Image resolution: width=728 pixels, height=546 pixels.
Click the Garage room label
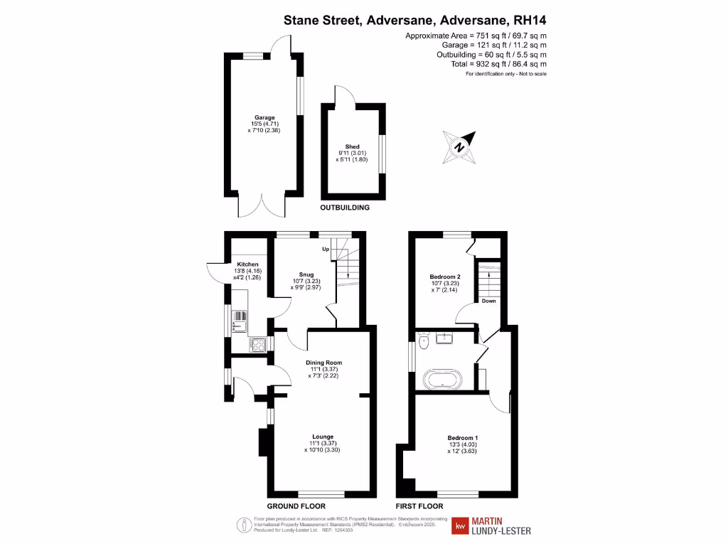click(x=265, y=118)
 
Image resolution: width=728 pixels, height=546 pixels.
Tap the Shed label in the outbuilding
click(x=353, y=146)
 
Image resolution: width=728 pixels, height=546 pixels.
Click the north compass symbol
click(x=460, y=147)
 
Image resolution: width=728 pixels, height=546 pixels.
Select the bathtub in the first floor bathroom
click(x=443, y=379)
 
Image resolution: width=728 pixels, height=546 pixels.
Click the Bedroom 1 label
click(x=462, y=437)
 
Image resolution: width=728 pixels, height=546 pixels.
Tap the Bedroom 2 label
click(x=446, y=277)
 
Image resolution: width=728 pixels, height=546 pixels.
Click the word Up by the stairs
click(x=326, y=250)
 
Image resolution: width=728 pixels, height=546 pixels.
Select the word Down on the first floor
click(x=488, y=301)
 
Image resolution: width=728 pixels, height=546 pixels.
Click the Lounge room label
click(x=323, y=437)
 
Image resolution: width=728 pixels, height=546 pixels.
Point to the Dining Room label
click(x=324, y=363)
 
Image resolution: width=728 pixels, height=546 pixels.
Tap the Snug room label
click(x=306, y=274)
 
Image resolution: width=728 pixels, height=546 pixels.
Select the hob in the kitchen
click(x=257, y=345)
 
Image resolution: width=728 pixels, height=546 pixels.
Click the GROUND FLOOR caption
click(x=296, y=506)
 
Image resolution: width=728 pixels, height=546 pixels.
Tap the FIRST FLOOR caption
click(x=419, y=506)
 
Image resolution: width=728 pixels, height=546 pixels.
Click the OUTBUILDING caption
click(x=345, y=208)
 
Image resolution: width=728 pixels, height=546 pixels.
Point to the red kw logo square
click(x=460, y=525)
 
